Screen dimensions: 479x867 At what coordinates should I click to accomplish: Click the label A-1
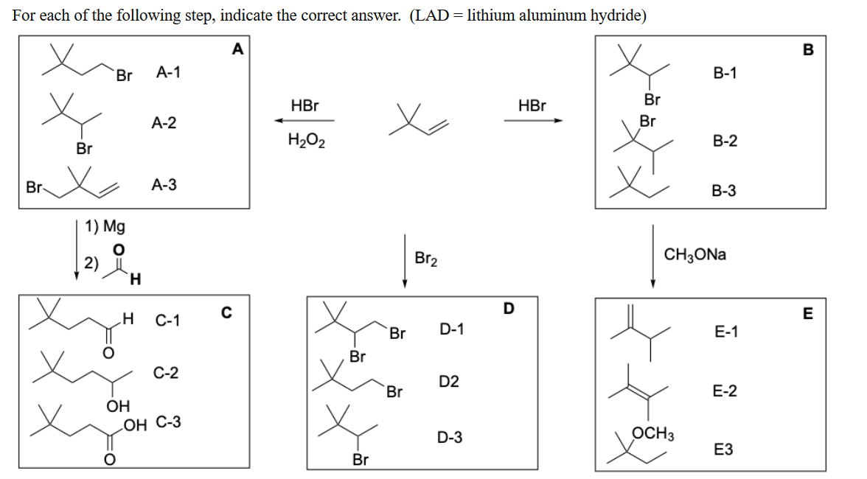point(169,72)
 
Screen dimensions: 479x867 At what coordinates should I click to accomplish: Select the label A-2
point(164,123)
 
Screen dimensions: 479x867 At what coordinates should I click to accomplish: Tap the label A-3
point(164,185)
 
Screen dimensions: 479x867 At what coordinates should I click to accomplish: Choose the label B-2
point(725,141)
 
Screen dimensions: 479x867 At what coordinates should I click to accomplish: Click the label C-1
point(169,321)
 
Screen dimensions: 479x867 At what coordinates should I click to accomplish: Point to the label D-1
point(451,329)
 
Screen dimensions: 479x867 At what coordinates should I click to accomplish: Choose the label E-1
point(726,332)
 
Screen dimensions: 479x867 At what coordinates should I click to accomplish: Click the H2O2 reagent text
point(304,139)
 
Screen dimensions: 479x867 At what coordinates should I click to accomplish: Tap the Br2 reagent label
point(426,259)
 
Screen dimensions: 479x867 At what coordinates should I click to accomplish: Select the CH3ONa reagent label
point(695,255)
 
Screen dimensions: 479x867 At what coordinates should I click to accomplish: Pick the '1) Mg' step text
point(105,225)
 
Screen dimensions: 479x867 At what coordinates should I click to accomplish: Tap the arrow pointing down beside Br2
point(405,262)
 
